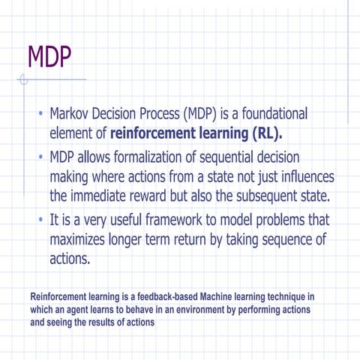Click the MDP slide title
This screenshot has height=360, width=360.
click(x=49, y=56)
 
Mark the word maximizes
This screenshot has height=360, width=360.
click(x=83, y=241)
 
